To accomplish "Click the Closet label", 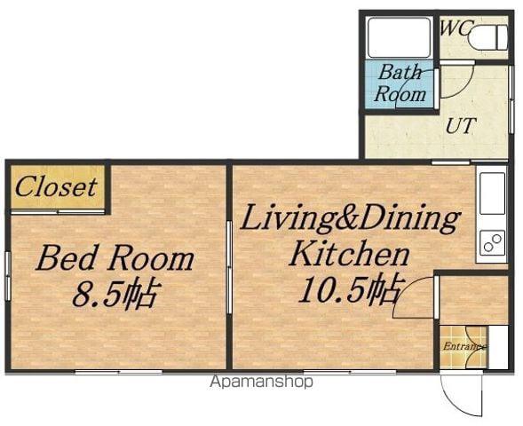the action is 56,186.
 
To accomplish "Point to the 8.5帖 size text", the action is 115,294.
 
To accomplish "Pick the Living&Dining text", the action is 350,218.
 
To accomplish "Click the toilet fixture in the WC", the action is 487,37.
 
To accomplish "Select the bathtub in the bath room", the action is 399,37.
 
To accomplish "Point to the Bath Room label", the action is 400,83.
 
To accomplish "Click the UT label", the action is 460,126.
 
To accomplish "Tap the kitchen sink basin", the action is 492,194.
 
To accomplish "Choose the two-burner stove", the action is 492,242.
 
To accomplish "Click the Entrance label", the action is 464,347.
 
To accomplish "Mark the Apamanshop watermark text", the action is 261,382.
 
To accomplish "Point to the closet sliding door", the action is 58,211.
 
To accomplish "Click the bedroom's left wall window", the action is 8,276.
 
